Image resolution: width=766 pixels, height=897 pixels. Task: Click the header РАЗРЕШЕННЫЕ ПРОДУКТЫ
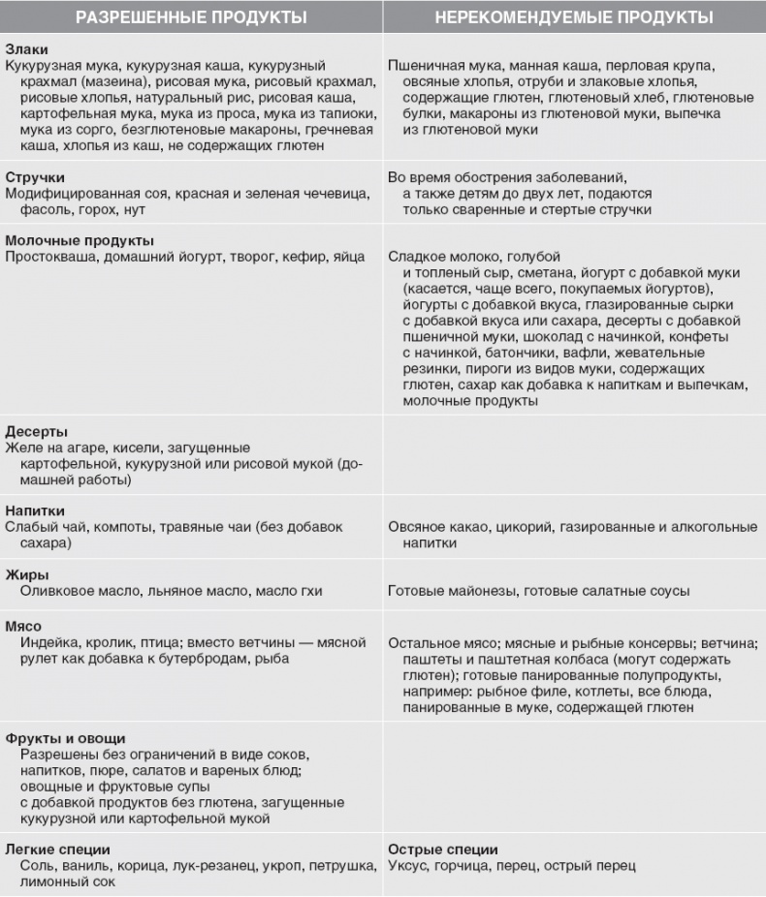tap(191, 17)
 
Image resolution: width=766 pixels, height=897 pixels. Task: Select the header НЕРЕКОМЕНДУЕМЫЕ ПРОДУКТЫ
tap(574, 17)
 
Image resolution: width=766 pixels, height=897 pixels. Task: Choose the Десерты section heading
tap(38, 431)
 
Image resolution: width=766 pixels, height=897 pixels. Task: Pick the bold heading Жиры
tap(25, 574)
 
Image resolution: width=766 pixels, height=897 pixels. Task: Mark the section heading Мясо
tap(24, 626)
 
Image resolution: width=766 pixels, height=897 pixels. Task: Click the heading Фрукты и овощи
tap(65, 737)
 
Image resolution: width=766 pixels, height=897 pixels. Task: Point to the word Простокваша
tap(48, 257)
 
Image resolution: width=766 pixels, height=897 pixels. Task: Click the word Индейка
tap(48, 642)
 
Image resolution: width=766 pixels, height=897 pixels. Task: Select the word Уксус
tap(408, 866)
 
